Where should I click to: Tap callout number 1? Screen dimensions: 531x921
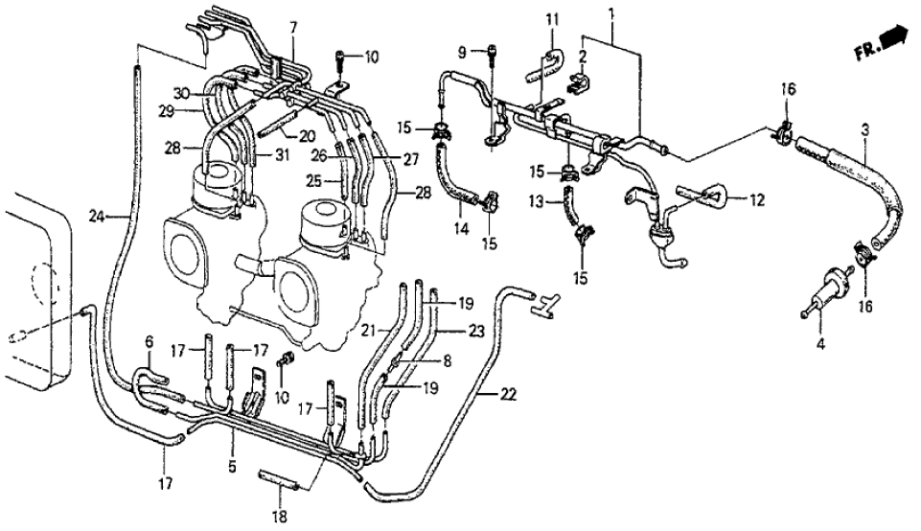[610, 14]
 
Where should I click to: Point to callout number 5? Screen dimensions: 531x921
[233, 443]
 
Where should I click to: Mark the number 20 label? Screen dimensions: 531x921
[308, 135]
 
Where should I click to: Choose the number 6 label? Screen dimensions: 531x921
[149, 342]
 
